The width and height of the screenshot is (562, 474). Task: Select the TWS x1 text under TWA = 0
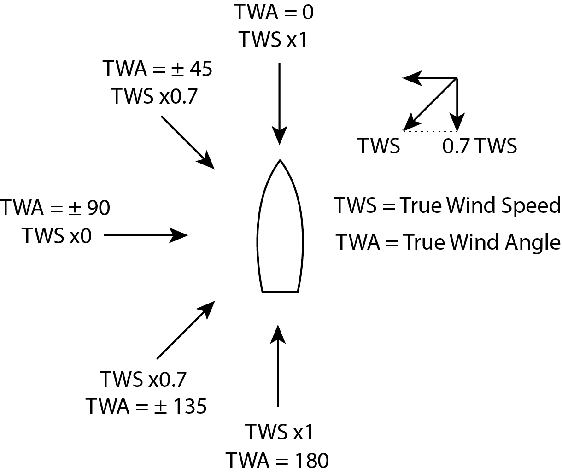tap(273, 40)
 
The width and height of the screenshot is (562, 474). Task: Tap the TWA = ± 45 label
tap(158, 69)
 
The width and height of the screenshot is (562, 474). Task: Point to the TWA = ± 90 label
tap(55, 208)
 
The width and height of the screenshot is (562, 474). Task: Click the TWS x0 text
tap(57, 236)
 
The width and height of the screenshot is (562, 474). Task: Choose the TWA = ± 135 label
tap(146, 407)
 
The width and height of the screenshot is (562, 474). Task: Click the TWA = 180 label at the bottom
tap(277, 460)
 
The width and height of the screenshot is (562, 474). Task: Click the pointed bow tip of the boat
tap(280, 161)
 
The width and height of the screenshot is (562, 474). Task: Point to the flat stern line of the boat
tap(280, 292)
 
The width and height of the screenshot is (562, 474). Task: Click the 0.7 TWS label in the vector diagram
tap(479, 146)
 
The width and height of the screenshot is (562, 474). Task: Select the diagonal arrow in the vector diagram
tap(430, 105)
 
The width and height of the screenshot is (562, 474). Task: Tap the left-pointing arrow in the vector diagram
tap(430, 78)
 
